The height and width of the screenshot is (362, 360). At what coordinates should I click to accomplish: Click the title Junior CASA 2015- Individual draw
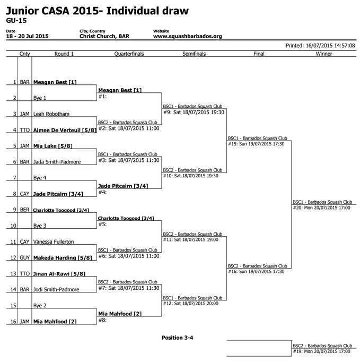[97, 11]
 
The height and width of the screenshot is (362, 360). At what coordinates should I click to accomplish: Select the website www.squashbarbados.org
[188, 36]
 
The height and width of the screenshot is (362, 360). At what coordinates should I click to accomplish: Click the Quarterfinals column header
[129, 54]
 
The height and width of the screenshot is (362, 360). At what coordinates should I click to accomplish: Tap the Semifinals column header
[194, 54]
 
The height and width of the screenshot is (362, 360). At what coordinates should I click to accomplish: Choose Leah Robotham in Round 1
[51, 114]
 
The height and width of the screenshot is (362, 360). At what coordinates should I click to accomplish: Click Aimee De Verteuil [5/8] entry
[65, 130]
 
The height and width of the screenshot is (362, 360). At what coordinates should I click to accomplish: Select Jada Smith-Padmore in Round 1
[57, 162]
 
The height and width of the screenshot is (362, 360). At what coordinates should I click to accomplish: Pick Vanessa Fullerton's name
[54, 242]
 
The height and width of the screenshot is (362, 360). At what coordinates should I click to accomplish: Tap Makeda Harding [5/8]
[63, 257]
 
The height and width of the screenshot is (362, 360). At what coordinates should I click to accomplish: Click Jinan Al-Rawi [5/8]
[59, 273]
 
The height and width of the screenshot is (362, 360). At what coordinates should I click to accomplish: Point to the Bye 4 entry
[40, 178]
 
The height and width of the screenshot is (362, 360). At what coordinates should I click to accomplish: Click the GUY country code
[25, 257]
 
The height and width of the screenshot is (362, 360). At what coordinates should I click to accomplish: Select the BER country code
[25, 210]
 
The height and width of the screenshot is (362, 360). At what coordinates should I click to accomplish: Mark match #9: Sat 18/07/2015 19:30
[194, 112]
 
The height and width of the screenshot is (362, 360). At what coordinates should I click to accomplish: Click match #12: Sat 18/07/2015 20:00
[191, 304]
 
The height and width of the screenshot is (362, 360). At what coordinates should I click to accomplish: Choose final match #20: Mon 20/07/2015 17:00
[321, 208]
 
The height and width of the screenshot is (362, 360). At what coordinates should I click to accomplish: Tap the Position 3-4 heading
[177, 338]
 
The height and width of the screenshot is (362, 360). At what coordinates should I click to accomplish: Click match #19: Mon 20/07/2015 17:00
[321, 351]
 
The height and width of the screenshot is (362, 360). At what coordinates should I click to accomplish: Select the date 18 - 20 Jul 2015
[27, 36]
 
